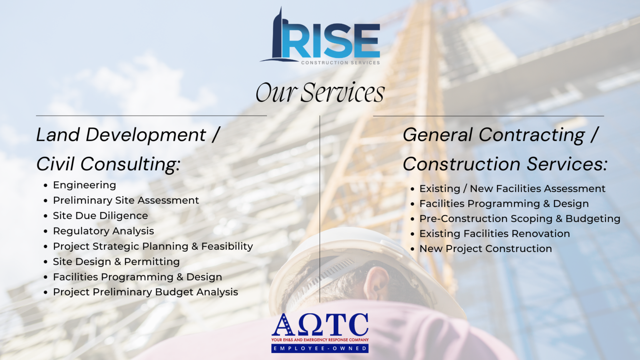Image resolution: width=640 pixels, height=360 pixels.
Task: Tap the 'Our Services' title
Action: point(320,92)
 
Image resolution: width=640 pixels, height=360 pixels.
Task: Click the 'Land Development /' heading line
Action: point(127,135)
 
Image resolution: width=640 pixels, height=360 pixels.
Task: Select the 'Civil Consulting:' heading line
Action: point(108,164)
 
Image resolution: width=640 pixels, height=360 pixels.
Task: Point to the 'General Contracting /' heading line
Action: point(500,135)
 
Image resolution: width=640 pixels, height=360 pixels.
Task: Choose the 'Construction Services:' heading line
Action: point(505,164)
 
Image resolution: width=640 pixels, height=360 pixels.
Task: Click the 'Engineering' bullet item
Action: point(85,185)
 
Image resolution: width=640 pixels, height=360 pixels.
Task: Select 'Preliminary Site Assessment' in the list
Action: point(126,200)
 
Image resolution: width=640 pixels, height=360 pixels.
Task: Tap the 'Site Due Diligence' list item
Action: point(100,216)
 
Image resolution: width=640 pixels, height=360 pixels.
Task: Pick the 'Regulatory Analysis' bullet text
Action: point(103,231)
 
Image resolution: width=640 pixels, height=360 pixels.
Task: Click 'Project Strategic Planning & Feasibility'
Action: point(153,246)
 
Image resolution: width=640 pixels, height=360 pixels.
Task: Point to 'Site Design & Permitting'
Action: point(116,262)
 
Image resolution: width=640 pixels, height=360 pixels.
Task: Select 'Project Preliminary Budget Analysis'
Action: point(145,292)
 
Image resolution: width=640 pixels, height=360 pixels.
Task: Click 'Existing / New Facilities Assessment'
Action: point(512,189)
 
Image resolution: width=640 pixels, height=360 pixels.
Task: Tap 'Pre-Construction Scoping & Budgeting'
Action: point(520,219)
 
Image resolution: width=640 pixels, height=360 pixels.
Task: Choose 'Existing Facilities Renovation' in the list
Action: point(495,234)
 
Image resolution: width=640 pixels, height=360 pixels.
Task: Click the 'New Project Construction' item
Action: point(485,249)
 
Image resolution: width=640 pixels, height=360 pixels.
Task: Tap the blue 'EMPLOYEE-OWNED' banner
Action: point(320,348)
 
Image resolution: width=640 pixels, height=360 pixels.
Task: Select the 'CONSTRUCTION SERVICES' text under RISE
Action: point(340,63)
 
